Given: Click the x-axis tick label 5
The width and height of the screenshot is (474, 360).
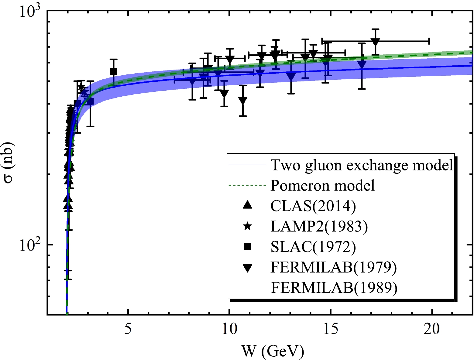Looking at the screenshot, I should [128, 329].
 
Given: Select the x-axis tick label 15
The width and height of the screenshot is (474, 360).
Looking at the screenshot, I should [330, 329].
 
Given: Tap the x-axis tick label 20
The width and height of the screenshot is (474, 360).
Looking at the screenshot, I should [432, 329].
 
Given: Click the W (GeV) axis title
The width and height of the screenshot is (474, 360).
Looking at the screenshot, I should [273, 351].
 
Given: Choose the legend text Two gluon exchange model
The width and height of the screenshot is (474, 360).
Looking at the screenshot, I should [362, 165].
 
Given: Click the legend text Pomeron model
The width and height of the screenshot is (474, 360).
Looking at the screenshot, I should [322, 186].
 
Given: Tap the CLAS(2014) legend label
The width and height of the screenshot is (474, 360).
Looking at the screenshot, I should [313, 206].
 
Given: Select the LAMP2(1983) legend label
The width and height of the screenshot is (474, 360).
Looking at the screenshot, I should [319, 226].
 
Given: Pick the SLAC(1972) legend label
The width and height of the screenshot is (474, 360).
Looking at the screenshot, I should [313, 247].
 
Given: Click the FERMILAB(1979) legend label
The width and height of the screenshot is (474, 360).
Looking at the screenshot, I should [334, 267].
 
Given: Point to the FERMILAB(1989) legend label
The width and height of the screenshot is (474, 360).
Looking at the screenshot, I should [334, 288].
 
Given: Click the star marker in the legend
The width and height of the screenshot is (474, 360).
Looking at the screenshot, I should [248, 226].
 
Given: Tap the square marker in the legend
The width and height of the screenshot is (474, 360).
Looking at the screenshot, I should [248, 247].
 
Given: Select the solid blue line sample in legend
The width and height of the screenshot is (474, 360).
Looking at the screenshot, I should [247, 165].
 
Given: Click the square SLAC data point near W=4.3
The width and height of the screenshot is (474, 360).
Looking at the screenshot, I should [114, 71].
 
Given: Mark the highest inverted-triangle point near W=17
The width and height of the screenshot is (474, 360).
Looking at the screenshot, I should [376, 42].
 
